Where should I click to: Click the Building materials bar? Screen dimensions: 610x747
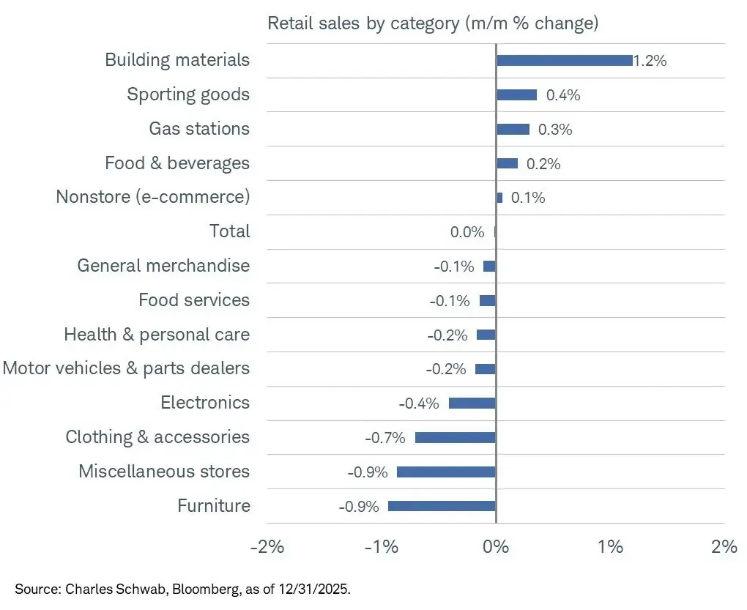[x=564, y=61]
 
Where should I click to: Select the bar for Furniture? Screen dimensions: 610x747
[x=442, y=506]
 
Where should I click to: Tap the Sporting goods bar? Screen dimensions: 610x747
[x=516, y=95]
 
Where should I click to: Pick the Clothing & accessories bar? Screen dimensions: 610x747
[x=455, y=437]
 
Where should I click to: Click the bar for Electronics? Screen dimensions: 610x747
[x=472, y=403]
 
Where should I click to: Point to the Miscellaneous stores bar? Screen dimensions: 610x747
[x=446, y=472]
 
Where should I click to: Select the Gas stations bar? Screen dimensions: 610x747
[x=513, y=129]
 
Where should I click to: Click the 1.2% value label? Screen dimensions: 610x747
[x=650, y=61]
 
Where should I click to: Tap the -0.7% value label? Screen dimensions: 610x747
[x=385, y=438]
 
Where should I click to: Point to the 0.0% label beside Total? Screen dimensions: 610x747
[x=467, y=232]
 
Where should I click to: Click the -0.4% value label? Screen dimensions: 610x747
[x=419, y=403]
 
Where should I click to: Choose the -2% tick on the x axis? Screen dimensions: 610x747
[x=267, y=547]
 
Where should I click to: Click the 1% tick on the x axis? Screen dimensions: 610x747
[x=610, y=547]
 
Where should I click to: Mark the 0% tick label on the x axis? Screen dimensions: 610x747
[x=496, y=547]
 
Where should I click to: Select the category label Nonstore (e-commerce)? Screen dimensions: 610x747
[x=152, y=197]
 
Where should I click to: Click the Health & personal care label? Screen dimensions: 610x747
[x=157, y=335]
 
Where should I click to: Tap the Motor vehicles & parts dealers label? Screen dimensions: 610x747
[x=126, y=368]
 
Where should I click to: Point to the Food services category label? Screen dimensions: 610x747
[x=194, y=300]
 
